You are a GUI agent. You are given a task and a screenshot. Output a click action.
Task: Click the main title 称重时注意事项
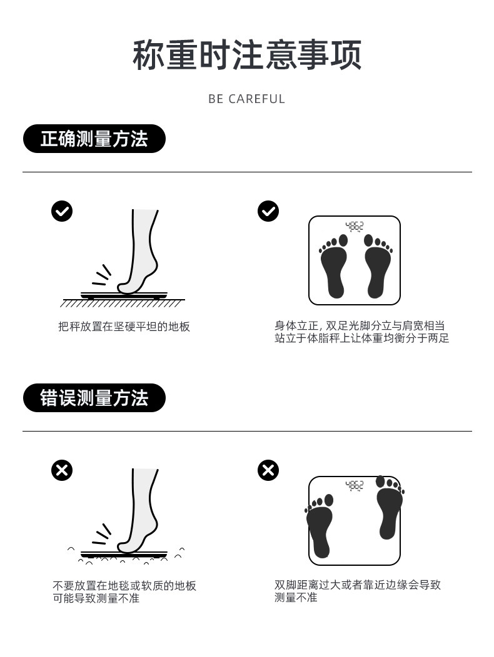tap(247, 55)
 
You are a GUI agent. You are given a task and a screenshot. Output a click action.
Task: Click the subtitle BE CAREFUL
tap(247, 99)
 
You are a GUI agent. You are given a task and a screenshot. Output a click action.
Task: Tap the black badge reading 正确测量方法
tap(94, 139)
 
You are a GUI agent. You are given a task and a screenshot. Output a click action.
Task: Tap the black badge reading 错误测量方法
tap(94, 398)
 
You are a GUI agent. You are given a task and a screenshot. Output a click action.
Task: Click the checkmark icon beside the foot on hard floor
tap(62, 211)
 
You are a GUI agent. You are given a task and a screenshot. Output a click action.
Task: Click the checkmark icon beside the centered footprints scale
tap(268, 211)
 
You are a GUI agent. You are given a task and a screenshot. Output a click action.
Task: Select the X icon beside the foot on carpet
tap(62, 470)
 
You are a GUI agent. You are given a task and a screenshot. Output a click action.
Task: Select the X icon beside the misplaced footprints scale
tap(268, 470)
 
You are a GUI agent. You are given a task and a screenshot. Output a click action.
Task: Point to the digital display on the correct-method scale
tap(355, 227)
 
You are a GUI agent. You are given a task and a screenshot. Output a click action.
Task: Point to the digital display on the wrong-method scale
tap(355, 486)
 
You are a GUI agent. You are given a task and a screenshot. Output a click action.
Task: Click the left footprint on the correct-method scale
tap(334, 266)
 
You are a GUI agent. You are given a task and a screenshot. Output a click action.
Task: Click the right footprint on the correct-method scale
tap(378, 266)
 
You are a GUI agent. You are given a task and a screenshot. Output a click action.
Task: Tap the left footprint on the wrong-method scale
tap(320, 526)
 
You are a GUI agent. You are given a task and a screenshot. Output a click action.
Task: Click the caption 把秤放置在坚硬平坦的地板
tap(124, 327)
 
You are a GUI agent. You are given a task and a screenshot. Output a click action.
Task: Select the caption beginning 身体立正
tap(362, 332)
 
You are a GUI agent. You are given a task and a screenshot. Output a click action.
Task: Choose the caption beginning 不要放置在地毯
tap(124, 591)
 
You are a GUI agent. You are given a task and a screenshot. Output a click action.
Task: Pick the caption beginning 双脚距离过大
tap(358, 591)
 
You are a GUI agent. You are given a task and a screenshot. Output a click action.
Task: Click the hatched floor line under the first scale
tap(123, 303)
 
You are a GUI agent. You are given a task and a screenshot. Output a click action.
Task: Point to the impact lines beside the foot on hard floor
tap(102, 275)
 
